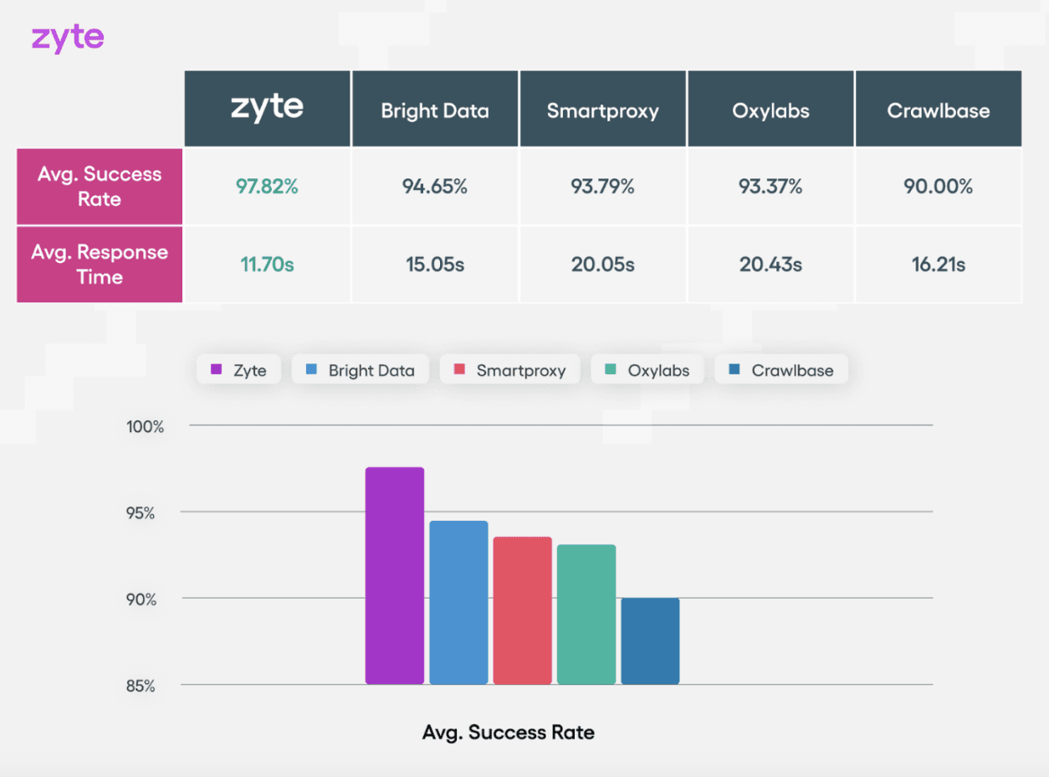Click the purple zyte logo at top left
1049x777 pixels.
coord(68,39)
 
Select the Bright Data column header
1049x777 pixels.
coord(435,111)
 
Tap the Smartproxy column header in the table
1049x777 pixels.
coord(602,111)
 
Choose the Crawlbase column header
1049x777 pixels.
coord(938,111)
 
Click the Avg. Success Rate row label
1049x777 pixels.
coord(100,187)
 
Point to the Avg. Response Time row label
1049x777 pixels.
coord(100,265)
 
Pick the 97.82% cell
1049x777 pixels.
coord(267,187)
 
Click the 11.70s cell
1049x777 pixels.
coord(267,265)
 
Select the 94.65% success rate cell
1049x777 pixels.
coord(435,187)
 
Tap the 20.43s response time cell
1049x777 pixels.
coord(770,265)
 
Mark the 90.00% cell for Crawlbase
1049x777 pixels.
coord(938,187)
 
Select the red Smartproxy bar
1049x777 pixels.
coord(522,610)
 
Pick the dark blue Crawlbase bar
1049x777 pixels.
coord(650,641)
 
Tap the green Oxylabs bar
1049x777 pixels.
coord(586,615)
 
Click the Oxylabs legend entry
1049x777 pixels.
coord(648,370)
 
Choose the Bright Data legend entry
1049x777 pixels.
coord(360,370)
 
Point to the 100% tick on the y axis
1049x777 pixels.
coord(146,427)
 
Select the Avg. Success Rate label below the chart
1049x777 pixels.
coord(509,733)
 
